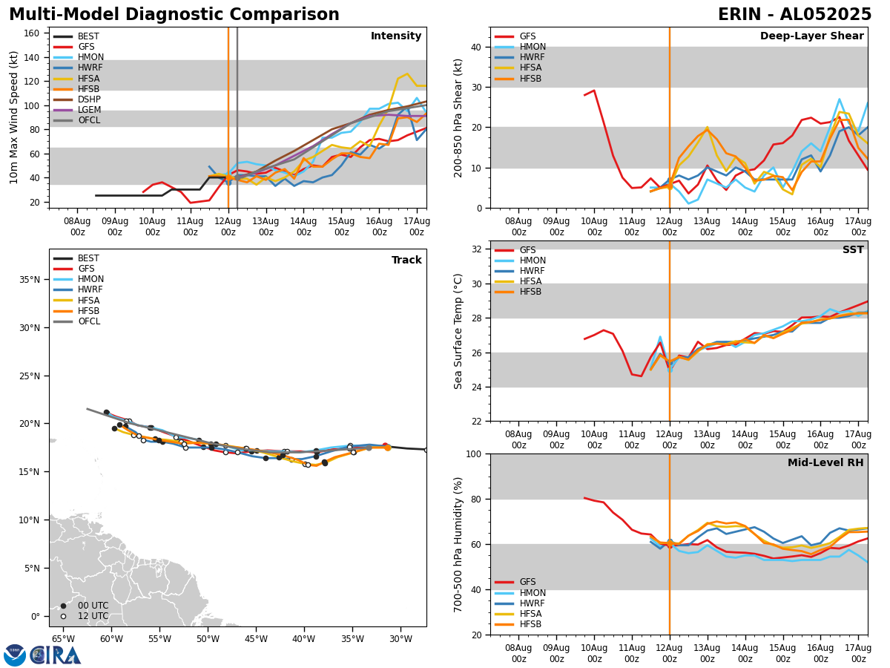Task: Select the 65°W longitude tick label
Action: [x=63, y=639]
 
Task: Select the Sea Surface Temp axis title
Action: [x=458, y=331]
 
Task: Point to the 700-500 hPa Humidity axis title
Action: [x=458, y=544]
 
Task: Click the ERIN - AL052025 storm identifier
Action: [x=794, y=15]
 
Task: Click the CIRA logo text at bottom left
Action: [x=56, y=655]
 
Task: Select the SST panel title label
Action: [x=852, y=250]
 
